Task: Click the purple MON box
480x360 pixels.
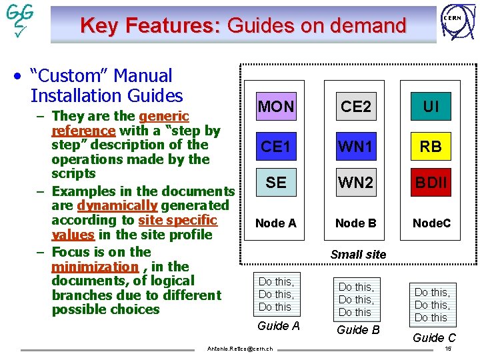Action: (276, 106)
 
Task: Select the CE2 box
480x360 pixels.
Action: (356, 106)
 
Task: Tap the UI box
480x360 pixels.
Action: (431, 106)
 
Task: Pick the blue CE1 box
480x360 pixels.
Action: (276, 146)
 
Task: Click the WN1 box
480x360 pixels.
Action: (356, 146)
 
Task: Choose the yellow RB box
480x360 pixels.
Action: (431, 146)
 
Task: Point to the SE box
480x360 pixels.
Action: (276, 181)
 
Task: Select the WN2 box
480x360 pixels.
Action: (356, 181)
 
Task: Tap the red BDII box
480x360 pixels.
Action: (431, 181)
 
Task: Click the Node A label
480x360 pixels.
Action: (276, 223)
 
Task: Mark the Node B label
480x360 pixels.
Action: (356, 223)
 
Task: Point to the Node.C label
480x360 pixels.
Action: (431, 223)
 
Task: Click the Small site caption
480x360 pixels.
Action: (358, 254)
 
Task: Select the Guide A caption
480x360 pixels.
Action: (278, 325)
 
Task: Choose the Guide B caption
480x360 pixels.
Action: (358, 329)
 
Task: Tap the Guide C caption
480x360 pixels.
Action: (434, 337)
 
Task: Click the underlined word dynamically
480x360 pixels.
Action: (117, 205)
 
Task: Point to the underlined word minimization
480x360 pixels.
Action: (94, 267)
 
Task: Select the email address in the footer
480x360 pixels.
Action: (240, 349)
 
